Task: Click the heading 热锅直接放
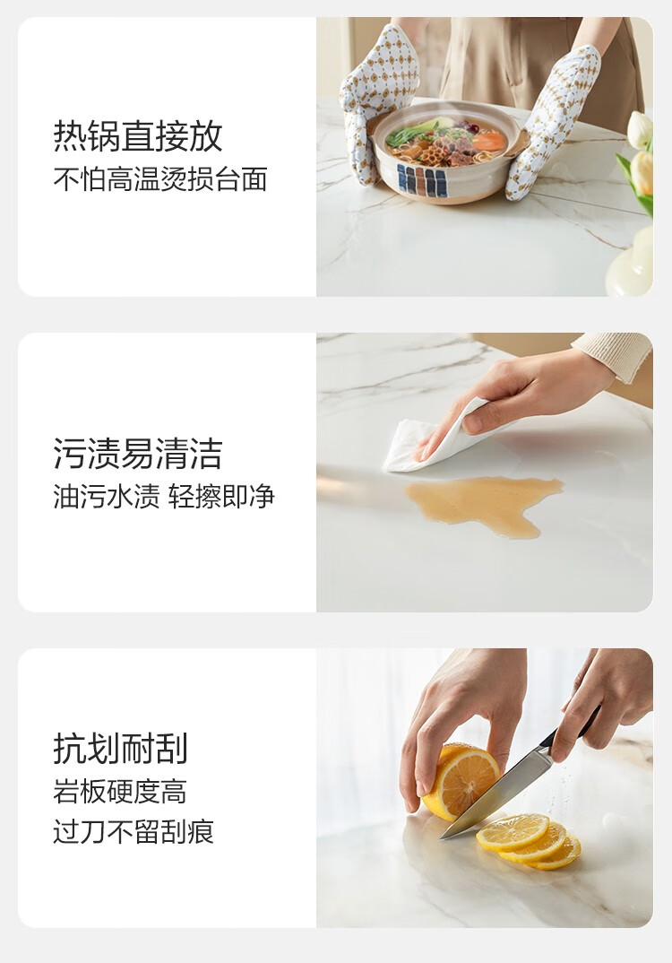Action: point(138,135)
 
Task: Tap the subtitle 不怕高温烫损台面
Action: point(160,179)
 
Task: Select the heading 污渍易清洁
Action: point(138,453)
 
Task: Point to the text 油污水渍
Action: point(107,496)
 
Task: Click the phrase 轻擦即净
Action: point(221,496)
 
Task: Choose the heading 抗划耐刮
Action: point(121,748)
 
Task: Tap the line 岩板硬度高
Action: point(120,791)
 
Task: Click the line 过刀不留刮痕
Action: point(134,831)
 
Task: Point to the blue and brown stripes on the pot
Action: point(422,178)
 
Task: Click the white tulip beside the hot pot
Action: point(639,130)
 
